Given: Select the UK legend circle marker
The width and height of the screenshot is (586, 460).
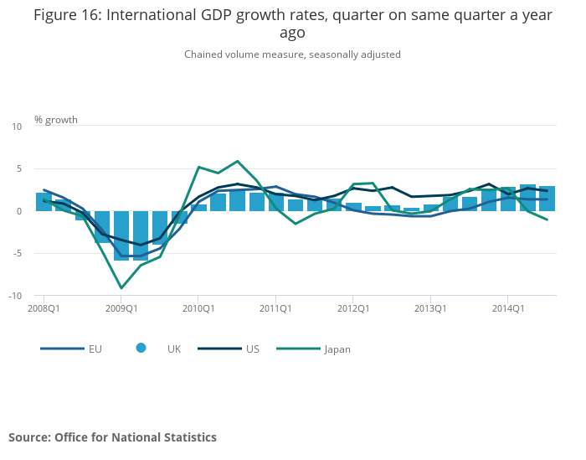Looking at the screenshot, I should (x=141, y=348).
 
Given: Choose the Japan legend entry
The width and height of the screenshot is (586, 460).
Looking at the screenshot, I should (x=323, y=349).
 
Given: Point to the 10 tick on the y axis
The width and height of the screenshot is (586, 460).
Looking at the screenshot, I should (x=17, y=127).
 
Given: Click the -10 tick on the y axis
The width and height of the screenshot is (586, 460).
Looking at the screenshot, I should (x=15, y=296).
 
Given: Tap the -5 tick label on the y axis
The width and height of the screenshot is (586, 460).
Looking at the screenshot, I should (x=17, y=254).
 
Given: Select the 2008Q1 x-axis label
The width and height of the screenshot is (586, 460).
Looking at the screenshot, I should (x=44, y=308).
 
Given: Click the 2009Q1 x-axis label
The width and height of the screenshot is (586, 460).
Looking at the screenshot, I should (x=121, y=308).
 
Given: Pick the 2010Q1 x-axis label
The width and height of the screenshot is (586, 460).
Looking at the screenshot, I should (x=198, y=308).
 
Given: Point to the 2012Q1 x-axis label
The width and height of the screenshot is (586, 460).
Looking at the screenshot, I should (x=352, y=308).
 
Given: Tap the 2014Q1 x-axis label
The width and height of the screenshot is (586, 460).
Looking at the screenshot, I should (x=507, y=308).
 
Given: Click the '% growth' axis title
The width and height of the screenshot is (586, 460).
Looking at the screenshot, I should (x=56, y=120).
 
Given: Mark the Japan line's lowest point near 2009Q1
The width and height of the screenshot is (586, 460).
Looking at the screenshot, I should (x=121, y=288).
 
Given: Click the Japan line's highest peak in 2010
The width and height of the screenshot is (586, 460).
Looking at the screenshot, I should (x=238, y=161).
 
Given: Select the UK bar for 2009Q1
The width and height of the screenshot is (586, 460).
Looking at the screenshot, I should (x=121, y=235).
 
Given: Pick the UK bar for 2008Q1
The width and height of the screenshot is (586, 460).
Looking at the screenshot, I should (x=44, y=202).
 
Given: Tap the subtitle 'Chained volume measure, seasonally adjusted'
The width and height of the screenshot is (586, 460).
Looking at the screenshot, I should (x=292, y=54).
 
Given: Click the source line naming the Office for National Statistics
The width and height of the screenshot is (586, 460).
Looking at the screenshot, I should (x=112, y=437).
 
